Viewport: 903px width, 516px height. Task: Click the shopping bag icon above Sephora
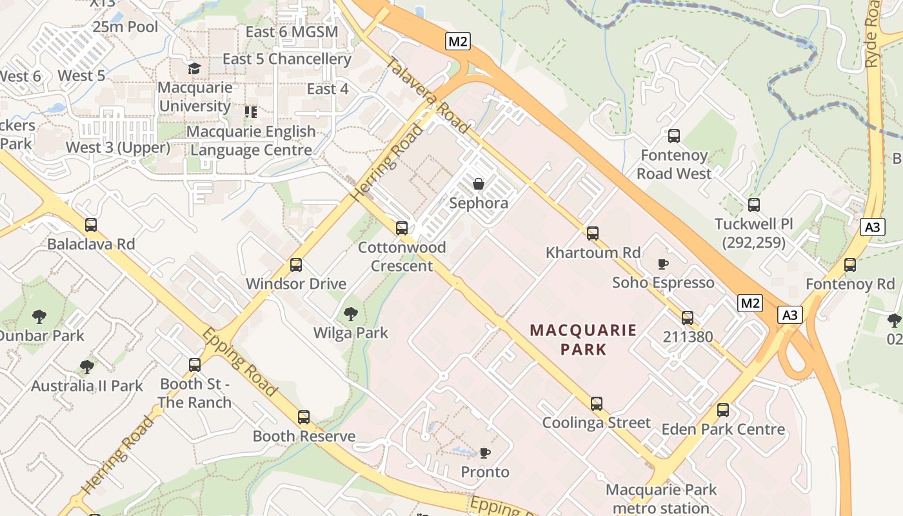(x=479, y=184)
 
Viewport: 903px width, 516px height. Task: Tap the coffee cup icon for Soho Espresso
(x=662, y=264)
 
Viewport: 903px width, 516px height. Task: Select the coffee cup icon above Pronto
(x=484, y=453)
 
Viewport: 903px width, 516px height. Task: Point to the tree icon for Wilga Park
(x=351, y=314)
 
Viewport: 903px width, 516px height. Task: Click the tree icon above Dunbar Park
(x=39, y=317)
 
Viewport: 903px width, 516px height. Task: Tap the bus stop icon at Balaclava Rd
(x=91, y=225)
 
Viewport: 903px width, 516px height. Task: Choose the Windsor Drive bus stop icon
(x=296, y=264)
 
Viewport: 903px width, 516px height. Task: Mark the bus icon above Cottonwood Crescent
(x=402, y=228)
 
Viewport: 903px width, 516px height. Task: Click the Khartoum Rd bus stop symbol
(x=593, y=233)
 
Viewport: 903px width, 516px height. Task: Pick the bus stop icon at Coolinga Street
(x=597, y=404)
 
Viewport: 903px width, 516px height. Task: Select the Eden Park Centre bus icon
(x=723, y=410)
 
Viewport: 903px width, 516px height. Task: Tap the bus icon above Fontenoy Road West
(x=674, y=136)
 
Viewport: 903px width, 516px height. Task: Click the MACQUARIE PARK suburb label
(x=583, y=340)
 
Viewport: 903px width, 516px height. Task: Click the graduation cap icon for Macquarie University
(x=194, y=68)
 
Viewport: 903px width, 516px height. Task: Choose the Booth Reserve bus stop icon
(x=304, y=417)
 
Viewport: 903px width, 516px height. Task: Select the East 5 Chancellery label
(x=287, y=59)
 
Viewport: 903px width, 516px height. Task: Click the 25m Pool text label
(x=125, y=26)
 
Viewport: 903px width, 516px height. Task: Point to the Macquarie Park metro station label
(x=661, y=499)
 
